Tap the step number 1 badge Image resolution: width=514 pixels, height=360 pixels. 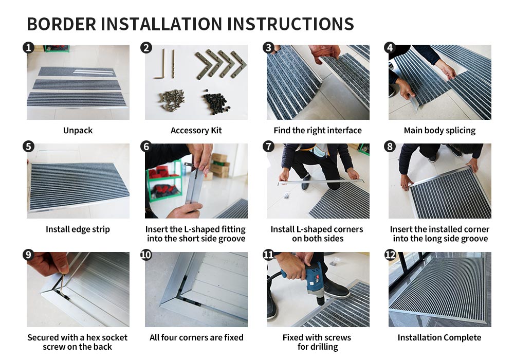click(29, 48)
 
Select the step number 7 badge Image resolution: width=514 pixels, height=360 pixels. click(268, 147)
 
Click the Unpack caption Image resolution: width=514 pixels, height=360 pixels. click(78, 131)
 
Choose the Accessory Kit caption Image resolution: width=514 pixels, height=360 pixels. click(196, 131)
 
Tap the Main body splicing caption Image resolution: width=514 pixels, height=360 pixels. click(439, 131)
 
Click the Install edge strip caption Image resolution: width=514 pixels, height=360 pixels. click(78, 229)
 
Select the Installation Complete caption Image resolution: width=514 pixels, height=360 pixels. click(439, 338)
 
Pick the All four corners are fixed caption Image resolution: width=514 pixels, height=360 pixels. click(196, 338)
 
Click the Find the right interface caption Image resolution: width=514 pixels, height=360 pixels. click(318, 131)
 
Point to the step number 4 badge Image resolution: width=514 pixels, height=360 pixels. click(390, 48)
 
